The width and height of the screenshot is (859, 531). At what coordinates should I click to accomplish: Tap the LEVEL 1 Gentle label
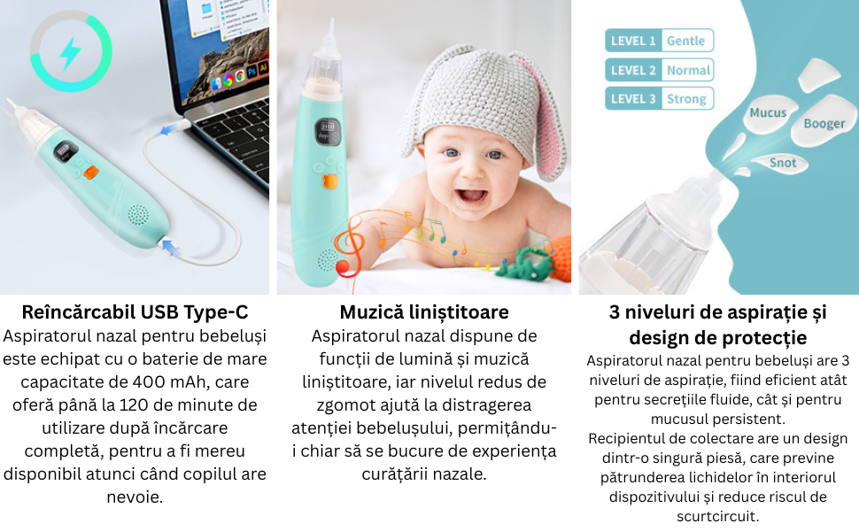click(659, 41)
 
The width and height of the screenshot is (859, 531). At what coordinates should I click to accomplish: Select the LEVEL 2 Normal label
click(659, 70)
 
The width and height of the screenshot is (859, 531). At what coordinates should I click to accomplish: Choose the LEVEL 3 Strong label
click(659, 98)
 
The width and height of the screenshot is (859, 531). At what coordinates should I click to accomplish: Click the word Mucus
click(768, 112)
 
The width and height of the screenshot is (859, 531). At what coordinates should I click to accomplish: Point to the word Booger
click(824, 124)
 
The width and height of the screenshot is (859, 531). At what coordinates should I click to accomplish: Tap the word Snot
click(782, 163)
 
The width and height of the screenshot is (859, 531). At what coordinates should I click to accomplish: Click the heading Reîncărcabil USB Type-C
click(135, 312)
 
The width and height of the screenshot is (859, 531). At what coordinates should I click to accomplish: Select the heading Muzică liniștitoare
click(424, 312)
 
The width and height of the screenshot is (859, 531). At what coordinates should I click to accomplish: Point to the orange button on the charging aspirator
click(90, 172)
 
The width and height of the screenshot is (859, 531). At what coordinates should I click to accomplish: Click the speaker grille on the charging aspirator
click(138, 215)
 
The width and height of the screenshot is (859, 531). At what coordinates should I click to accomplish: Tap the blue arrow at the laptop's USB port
click(166, 130)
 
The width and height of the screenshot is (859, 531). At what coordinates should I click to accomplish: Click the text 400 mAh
click(171, 382)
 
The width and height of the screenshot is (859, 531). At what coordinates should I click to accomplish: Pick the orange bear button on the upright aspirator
click(329, 181)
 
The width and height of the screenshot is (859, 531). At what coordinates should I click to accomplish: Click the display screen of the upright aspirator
click(327, 131)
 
